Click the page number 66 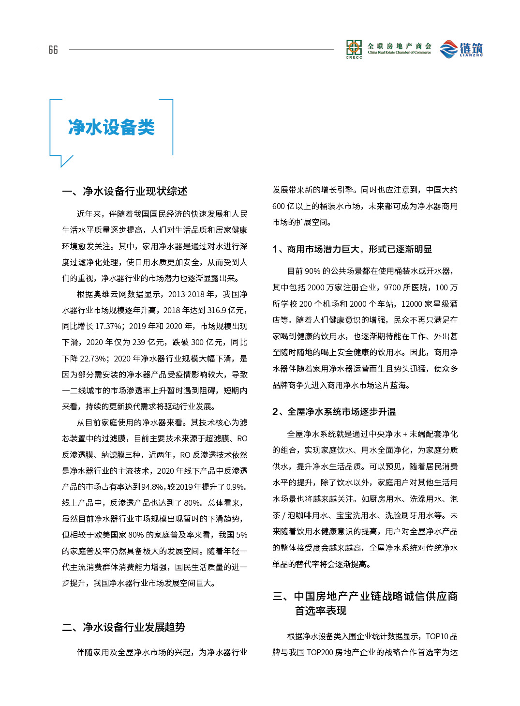click(x=53, y=50)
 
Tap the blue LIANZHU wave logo click(x=449, y=49)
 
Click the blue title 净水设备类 click(x=111, y=127)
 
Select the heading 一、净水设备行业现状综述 click(x=125, y=192)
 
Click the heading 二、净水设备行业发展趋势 click(x=124, y=628)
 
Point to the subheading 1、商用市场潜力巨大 click(x=352, y=249)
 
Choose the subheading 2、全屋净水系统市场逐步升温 click(x=334, y=412)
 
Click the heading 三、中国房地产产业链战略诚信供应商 click(x=365, y=597)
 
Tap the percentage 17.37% click(x=108, y=326)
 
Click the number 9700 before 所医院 click(x=392, y=287)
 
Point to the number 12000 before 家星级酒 click(x=412, y=304)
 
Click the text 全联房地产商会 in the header click(x=400, y=46)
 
